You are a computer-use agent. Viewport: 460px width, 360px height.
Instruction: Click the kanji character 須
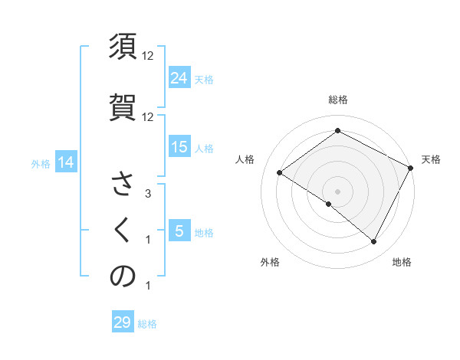point(123,47)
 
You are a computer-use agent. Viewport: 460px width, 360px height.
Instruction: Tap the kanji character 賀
point(123,103)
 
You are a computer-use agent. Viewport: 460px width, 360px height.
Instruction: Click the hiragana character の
point(123,277)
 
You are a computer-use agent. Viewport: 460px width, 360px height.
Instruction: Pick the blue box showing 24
point(179,77)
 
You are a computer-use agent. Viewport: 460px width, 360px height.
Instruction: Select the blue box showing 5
point(179,231)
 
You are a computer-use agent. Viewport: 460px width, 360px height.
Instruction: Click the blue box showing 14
point(65,162)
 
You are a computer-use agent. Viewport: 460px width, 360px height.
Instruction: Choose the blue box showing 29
point(123,322)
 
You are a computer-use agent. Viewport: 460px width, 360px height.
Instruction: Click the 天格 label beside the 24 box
point(204,79)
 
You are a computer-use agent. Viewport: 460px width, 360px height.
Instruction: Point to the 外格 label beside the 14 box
point(41,163)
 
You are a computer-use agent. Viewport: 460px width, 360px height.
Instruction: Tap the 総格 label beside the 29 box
point(147,324)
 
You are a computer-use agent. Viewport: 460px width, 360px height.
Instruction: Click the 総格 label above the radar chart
point(337,100)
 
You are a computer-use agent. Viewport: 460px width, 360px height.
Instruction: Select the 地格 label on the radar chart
point(402,262)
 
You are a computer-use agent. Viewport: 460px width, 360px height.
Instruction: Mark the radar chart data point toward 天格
point(411,169)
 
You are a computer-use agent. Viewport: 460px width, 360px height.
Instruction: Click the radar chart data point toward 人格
point(280,172)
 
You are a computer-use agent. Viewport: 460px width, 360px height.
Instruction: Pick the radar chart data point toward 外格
point(329,204)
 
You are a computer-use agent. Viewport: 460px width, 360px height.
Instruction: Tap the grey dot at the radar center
point(337,191)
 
